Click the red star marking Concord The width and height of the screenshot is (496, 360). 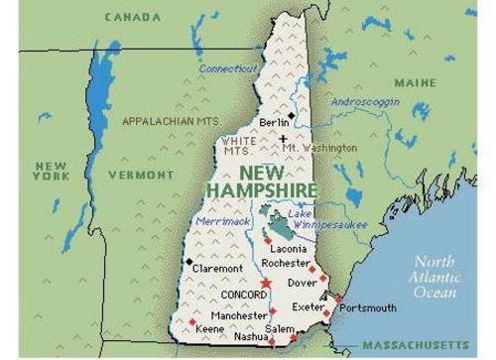coord(265,285)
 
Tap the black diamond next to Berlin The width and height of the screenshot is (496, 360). coord(291,116)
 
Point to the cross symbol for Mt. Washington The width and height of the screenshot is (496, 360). coord(283,140)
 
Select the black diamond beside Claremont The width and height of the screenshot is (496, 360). coord(188,261)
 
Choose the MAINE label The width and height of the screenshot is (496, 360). coord(415,82)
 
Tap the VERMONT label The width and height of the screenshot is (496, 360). coord(140,175)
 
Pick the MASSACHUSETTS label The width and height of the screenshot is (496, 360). coord(415,345)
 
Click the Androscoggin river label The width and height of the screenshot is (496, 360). coord(364,101)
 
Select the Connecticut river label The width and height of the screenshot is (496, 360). coord(228,68)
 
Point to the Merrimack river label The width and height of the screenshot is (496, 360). coord(223,221)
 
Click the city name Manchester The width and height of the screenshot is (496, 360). coord(239,315)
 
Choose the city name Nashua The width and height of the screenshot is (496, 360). coord(251,336)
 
